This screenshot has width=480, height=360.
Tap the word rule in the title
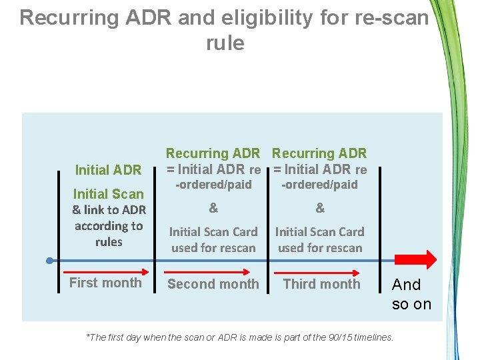225,43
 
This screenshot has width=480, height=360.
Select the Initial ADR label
108,170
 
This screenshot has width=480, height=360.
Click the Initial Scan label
108,194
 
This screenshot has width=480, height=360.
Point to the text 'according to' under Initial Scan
109,226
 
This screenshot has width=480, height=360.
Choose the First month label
105,283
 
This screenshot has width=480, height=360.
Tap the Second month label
213,284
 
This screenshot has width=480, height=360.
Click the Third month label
321,284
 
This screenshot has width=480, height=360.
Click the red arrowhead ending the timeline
427,259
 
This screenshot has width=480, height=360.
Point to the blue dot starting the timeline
49,259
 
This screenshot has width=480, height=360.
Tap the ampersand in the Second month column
213,208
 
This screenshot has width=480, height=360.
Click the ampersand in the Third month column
320,208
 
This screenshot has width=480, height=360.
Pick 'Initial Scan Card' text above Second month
213,232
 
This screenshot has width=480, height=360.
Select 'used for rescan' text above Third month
320,248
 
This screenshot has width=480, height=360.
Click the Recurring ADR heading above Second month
213,154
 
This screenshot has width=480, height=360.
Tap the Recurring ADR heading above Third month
319,154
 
